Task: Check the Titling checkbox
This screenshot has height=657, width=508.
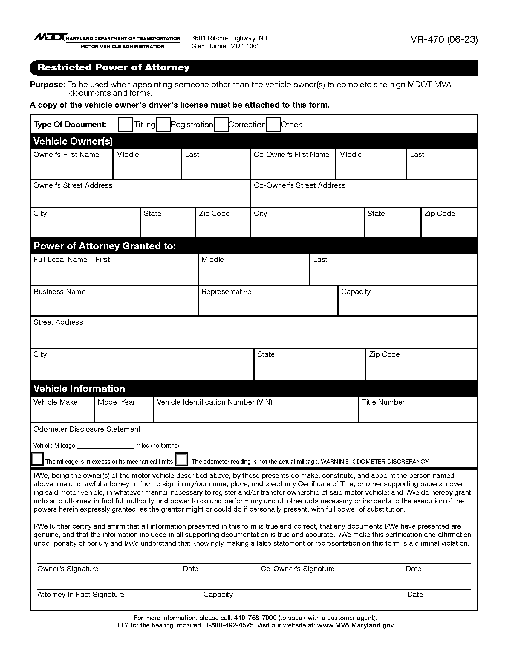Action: (x=125, y=125)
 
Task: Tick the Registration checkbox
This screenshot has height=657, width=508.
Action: (x=163, y=125)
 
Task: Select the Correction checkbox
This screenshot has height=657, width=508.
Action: (x=221, y=125)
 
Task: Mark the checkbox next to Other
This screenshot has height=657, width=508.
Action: (x=273, y=125)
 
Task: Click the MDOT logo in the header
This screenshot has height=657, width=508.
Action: (x=50, y=37)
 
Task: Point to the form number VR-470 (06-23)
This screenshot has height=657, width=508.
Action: (x=444, y=40)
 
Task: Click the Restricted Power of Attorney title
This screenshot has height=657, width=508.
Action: (x=114, y=67)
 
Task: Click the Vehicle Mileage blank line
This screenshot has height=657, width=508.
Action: (x=105, y=446)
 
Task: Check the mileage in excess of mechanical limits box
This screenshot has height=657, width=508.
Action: (x=37, y=459)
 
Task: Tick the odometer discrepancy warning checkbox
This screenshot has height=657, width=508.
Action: (x=181, y=459)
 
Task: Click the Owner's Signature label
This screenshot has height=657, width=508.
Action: (x=68, y=569)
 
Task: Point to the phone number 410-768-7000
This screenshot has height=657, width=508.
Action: (x=255, y=618)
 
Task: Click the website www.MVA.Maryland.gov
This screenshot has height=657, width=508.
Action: (x=355, y=625)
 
